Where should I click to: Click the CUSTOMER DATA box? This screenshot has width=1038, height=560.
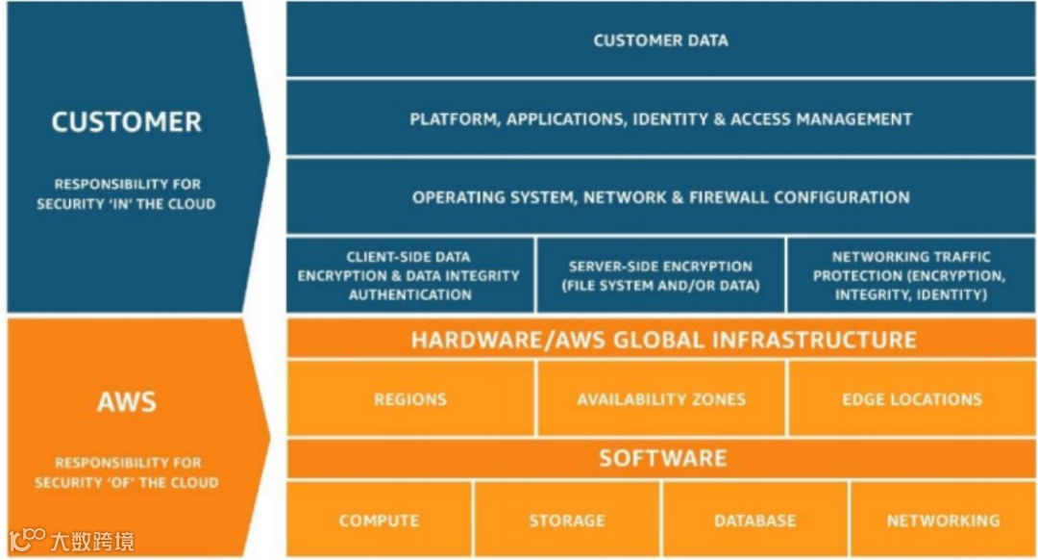pos(660,40)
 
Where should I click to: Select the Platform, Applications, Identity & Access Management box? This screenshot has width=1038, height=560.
pos(660,119)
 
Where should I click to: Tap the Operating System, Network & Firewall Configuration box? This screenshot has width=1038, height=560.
pos(660,197)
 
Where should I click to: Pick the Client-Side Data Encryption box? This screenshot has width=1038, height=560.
pos(409,276)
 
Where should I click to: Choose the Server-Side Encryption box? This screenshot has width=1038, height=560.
pos(660,276)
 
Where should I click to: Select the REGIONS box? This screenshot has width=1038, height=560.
pos(410,399)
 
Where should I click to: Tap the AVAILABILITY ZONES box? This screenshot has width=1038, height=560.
pos(661,399)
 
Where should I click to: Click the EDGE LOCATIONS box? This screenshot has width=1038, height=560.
pos(911,399)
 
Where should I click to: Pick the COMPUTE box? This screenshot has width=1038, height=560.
pos(379,521)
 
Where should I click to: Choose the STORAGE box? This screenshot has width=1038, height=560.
pos(567,521)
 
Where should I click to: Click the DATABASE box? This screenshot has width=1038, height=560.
pos(755,521)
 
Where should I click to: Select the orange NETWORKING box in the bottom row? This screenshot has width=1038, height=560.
pos(943,521)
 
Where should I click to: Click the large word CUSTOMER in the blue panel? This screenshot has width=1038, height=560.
pos(127,122)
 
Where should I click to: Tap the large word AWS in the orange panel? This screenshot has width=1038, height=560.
pos(127,401)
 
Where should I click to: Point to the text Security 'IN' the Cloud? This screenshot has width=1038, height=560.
pos(127,204)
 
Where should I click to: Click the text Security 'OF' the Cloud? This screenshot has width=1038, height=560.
pos(127,483)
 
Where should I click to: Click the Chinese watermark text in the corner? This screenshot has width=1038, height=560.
pos(92,541)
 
